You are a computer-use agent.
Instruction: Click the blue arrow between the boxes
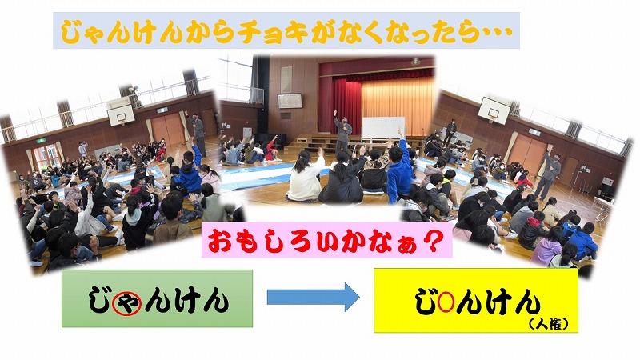313,297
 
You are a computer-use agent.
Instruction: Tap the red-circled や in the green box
127,304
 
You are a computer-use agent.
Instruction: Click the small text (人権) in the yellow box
548,325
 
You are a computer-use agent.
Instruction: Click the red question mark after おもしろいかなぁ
433,241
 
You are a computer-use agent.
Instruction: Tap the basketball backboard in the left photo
122,114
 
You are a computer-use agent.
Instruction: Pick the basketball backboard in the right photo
494,109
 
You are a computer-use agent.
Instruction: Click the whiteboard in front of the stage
383,127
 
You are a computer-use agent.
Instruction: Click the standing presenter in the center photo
342,130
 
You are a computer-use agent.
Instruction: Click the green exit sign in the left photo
42,141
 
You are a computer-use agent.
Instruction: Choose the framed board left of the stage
290,101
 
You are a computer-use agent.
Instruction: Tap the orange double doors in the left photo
168,129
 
